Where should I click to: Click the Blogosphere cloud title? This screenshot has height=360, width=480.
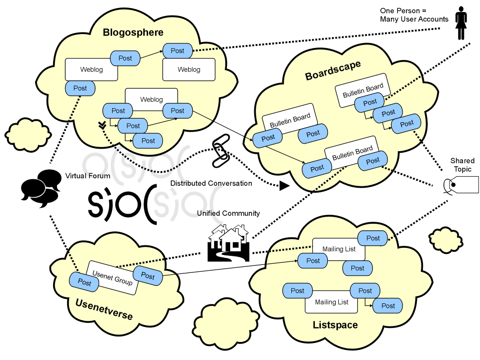[x=133, y=33]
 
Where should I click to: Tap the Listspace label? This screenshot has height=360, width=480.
[x=335, y=325]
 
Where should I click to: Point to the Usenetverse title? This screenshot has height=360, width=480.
[x=104, y=309]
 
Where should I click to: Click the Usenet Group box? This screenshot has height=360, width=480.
[x=113, y=277]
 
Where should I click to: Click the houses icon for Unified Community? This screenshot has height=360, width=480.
[x=228, y=243]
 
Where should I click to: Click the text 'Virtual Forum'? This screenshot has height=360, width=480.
[x=88, y=176]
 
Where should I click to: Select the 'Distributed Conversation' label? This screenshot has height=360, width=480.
[x=211, y=183]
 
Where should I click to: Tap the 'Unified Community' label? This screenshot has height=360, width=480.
[x=228, y=213]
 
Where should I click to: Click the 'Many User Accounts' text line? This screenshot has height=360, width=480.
[x=414, y=20]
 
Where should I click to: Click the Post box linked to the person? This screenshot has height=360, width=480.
[x=177, y=51]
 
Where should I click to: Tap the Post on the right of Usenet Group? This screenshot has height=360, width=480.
[x=148, y=275]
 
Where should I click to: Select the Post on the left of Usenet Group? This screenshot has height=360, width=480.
[x=85, y=282]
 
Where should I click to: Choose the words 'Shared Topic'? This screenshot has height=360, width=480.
[x=462, y=165]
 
